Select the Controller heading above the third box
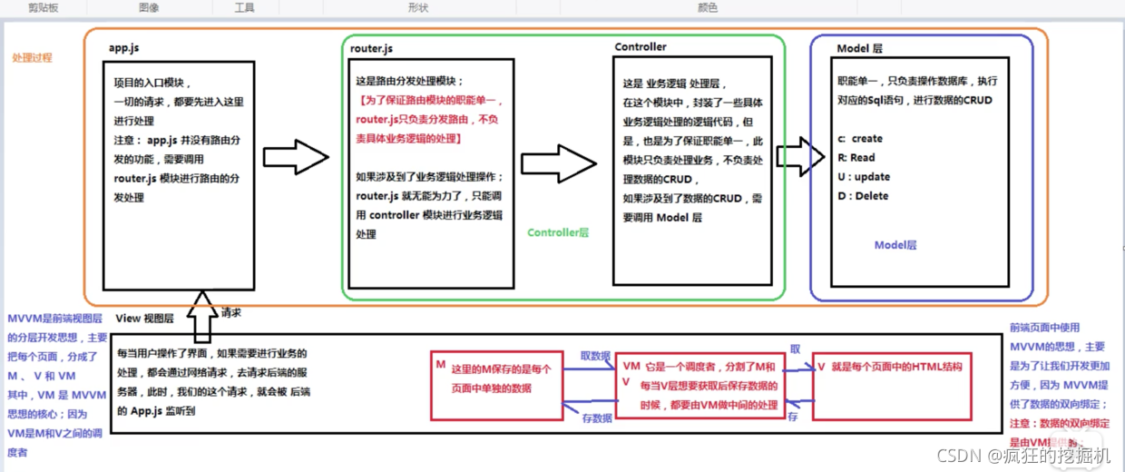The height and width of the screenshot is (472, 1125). click(641, 47)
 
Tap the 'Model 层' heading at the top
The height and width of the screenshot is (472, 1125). click(860, 48)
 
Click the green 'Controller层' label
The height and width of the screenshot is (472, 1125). click(558, 233)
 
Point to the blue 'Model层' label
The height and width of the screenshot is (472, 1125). click(895, 245)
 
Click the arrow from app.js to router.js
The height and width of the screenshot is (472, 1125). click(295, 156)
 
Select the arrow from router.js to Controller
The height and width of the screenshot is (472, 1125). click(555, 163)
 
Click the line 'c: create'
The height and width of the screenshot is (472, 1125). click(860, 139)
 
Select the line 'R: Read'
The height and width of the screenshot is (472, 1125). click(857, 158)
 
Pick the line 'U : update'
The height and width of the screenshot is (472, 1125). click(864, 177)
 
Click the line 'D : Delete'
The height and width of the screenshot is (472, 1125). click(863, 196)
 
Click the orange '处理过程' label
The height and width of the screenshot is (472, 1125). click(32, 57)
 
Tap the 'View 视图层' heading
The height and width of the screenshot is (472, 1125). click(145, 319)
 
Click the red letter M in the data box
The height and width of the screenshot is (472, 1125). click(440, 364)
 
